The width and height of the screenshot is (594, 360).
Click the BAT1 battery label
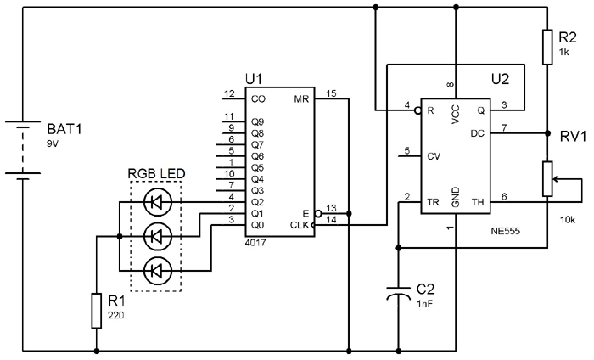point(64,132)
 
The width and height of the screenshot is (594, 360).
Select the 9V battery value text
point(53,145)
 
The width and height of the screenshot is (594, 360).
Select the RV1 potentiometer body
point(547,179)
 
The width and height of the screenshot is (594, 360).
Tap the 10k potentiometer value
point(568,219)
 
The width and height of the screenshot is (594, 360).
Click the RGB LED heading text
point(156,175)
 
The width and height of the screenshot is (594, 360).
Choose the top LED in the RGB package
point(155,202)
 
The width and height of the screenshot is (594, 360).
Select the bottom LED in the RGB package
point(155,271)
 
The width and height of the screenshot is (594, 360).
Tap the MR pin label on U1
point(302,98)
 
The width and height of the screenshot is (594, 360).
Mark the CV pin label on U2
point(434,156)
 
